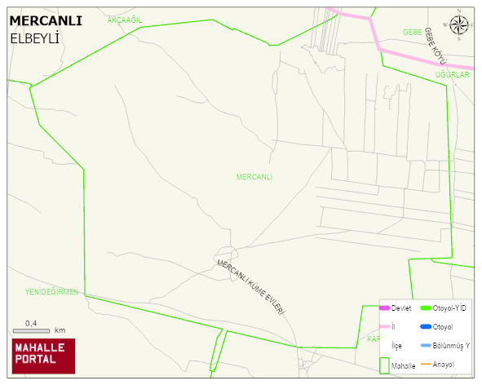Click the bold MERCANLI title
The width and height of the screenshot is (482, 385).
pyautogui.click(x=46, y=21)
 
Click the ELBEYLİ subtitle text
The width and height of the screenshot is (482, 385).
pyautogui.click(x=36, y=38)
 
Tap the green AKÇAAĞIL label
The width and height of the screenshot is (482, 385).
pyautogui.click(x=125, y=20)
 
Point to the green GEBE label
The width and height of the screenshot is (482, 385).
pyautogui.click(x=412, y=32)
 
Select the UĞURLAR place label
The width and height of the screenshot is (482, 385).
pyautogui.click(x=453, y=75)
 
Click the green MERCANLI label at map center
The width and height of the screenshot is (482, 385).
pyautogui.click(x=254, y=177)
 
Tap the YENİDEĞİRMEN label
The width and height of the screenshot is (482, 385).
pyautogui.click(x=51, y=291)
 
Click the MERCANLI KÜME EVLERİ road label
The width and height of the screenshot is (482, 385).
pyautogui.click(x=250, y=288)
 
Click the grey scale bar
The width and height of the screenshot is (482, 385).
pyautogui.click(x=32, y=330)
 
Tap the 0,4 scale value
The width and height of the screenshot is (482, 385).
pyautogui.click(x=31, y=323)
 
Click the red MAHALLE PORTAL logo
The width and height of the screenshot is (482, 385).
pyautogui.click(x=43, y=355)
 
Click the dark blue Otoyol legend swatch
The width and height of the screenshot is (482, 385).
pyautogui.click(x=425, y=327)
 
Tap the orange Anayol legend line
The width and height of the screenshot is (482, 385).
pyautogui.click(x=425, y=364)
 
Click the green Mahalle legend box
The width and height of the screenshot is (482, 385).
pyautogui.click(x=384, y=365)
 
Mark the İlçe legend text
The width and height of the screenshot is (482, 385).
pyautogui.click(x=396, y=346)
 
